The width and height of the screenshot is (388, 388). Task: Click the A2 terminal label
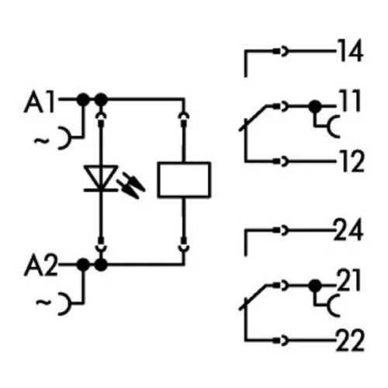click(x=40, y=265)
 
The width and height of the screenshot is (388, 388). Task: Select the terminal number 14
click(x=351, y=50)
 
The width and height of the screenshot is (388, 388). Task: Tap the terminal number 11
click(x=351, y=101)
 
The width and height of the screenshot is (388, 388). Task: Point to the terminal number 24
click(x=348, y=230)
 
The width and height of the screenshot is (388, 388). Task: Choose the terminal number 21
click(x=348, y=280)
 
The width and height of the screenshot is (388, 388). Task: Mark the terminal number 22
click(x=350, y=341)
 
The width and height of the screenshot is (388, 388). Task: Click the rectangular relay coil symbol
click(x=184, y=180)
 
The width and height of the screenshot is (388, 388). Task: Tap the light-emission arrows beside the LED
click(x=131, y=185)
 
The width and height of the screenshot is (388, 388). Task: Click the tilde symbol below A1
click(x=42, y=140)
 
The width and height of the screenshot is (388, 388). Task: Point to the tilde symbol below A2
click(x=43, y=302)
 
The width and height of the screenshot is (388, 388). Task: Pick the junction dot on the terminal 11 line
click(x=315, y=106)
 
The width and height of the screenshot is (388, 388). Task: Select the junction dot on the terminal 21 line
click(x=315, y=286)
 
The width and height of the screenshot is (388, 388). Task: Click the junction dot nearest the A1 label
click(x=83, y=99)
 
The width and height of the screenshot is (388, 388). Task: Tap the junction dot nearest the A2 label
click(x=83, y=265)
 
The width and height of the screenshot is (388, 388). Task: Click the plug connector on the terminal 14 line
click(x=281, y=51)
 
